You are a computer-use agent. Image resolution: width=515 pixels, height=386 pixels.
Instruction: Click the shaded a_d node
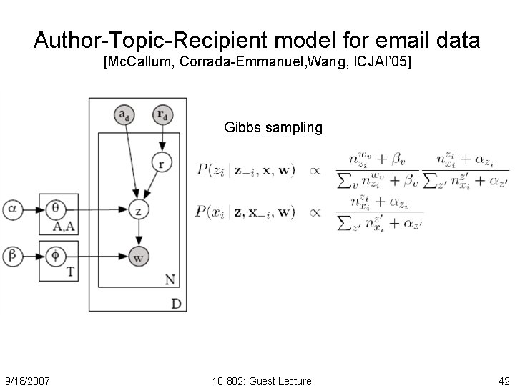(124, 114)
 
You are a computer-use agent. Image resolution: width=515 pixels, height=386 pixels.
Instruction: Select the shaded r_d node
(162, 114)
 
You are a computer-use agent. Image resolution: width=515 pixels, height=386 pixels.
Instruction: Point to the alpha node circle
(13, 209)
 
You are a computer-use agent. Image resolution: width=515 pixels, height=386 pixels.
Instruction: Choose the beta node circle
(13, 254)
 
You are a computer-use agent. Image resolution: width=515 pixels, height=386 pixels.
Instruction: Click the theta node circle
(57, 209)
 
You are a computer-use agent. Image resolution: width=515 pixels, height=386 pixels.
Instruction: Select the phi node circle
(57, 254)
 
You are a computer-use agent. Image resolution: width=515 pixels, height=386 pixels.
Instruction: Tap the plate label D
(176, 304)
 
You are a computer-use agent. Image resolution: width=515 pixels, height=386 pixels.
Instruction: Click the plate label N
(170, 277)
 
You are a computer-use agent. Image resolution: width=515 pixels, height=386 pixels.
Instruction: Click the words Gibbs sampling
(273, 128)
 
